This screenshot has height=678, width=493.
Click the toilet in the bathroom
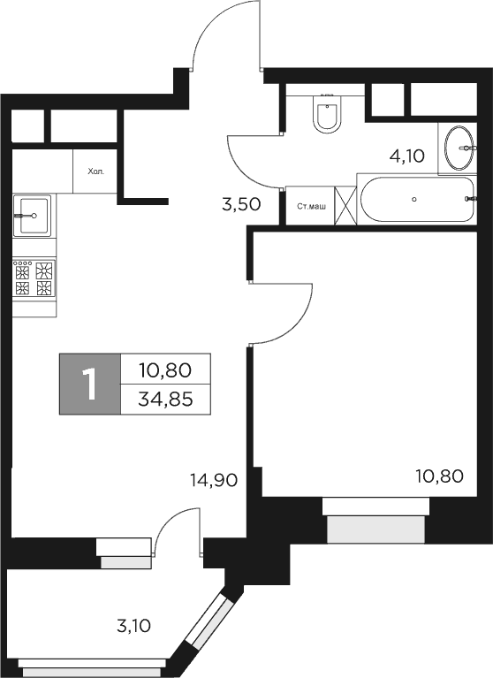(x=327, y=115)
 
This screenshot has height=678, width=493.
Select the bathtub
(x=416, y=201)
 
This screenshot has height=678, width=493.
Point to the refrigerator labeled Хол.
(x=95, y=171)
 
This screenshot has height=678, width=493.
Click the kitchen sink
(x=32, y=214)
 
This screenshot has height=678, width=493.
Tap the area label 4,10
(x=407, y=156)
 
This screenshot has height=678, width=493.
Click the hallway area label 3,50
(x=240, y=204)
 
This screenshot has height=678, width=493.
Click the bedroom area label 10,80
(x=438, y=476)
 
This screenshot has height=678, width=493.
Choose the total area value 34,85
(x=165, y=399)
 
